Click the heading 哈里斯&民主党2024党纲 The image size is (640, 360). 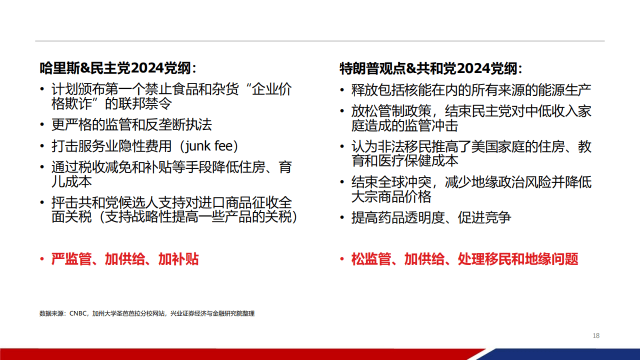click(x=118, y=68)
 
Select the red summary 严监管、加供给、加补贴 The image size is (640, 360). click(x=125, y=259)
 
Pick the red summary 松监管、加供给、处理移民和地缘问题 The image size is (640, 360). click(x=464, y=259)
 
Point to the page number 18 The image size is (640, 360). click(x=596, y=335)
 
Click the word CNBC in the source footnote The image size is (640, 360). click(x=78, y=314)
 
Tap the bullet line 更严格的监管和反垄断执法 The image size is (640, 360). click(x=135, y=124)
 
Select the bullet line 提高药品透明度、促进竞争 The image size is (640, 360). click(x=431, y=218)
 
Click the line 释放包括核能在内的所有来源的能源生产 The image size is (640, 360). click(x=471, y=90)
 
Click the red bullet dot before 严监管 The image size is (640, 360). click(x=42, y=259)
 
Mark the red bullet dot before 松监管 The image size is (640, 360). click(x=342, y=259)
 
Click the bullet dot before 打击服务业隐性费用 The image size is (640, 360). click(x=42, y=147)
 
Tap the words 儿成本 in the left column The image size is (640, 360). click(x=71, y=181)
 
